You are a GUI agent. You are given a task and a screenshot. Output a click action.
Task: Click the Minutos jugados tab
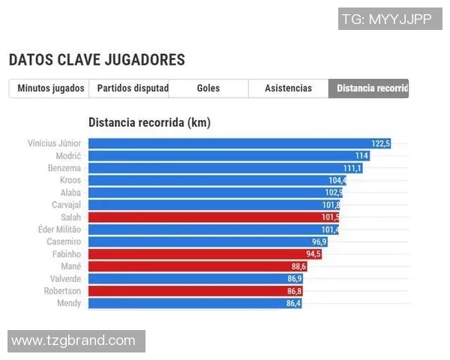(x=51, y=88)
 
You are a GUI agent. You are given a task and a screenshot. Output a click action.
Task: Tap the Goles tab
(x=208, y=88)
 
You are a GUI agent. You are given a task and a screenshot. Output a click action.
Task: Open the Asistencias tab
(x=288, y=88)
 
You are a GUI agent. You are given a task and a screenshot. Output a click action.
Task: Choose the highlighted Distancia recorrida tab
(x=369, y=88)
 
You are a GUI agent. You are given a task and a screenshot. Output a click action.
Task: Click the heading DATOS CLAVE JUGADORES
(x=97, y=60)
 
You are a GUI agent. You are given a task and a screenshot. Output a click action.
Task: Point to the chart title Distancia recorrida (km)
(x=148, y=122)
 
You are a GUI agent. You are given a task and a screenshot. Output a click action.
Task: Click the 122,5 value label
(x=381, y=143)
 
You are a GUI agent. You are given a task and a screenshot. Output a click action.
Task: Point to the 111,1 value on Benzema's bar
(x=352, y=168)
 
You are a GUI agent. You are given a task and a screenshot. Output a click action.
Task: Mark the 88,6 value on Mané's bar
(x=298, y=266)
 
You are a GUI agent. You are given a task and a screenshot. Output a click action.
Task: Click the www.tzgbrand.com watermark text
(x=73, y=341)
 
